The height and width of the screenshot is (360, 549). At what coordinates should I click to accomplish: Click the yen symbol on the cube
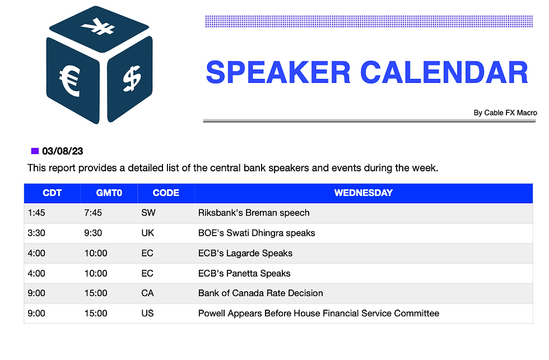(x=97, y=26)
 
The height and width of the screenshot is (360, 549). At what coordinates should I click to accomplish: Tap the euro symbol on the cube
(x=70, y=81)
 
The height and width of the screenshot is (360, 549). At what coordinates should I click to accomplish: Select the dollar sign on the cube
(x=132, y=78)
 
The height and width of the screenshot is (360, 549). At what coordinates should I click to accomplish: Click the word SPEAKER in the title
(x=278, y=72)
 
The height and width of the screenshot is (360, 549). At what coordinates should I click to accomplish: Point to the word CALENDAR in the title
(x=444, y=72)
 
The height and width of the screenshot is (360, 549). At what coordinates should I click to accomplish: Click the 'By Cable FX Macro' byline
(x=505, y=113)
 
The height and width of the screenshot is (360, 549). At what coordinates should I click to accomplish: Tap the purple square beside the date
(x=35, y=151)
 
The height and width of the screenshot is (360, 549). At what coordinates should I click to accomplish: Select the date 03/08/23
(x=63, y=151)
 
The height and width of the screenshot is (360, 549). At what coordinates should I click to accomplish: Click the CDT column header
(x=52, y=193)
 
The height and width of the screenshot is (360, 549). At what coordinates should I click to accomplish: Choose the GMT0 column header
(x=109, y=193)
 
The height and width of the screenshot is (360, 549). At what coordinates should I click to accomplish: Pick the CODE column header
(x=166, y=193)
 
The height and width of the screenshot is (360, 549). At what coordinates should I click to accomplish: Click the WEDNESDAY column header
(x=364, y=193)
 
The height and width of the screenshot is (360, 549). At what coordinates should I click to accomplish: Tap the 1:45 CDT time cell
(x=36, y=213)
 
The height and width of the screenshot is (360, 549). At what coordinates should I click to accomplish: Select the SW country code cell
(x=148, y=213)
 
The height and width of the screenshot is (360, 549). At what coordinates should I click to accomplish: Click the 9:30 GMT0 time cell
(x=93, y=233)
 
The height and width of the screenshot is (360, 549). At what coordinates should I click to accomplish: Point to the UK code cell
(x=147, y=233)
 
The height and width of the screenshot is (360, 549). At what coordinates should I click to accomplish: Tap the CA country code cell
(x=147, y=293)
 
